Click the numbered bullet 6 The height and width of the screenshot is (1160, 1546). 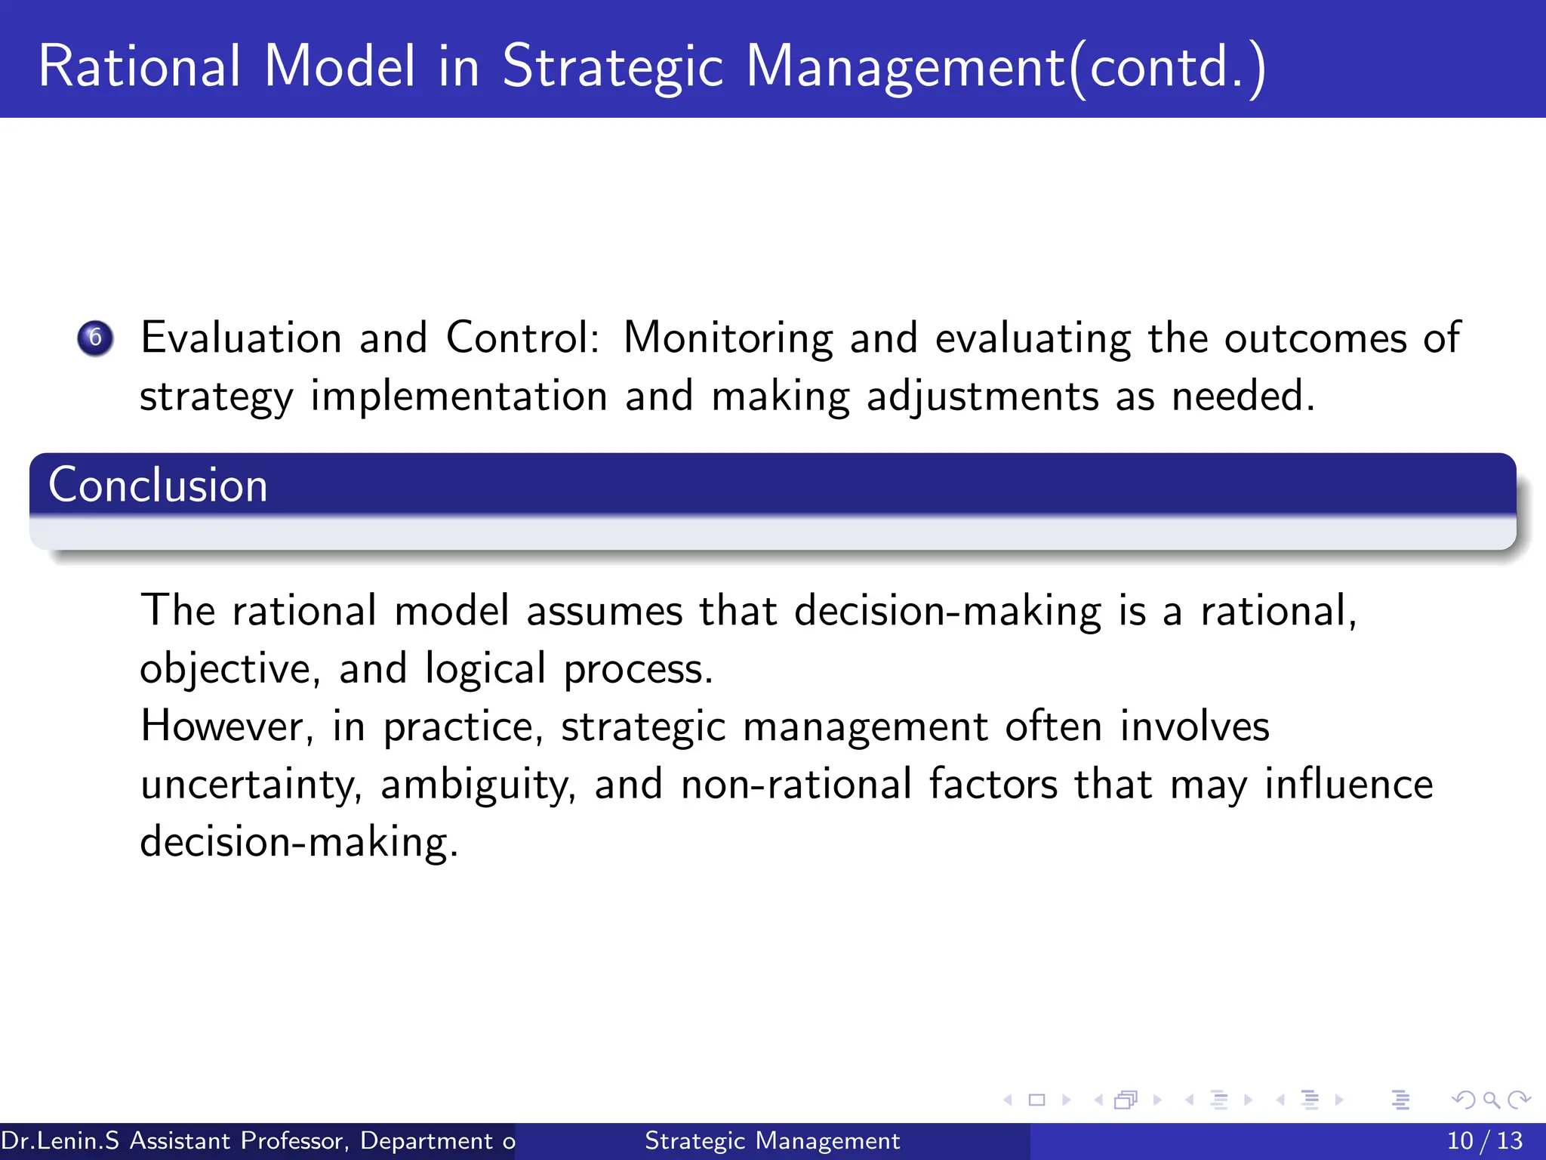pyautogui.click(x=95, y=338)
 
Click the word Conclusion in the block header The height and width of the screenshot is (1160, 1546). pyautogui.click(x=158, y=485)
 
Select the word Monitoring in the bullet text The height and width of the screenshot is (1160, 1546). pyautogui.click(x=727, y=338)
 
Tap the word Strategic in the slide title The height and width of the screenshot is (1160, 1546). pyautogui.click(x=613, y=66)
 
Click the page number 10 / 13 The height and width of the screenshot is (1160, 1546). pyautogui.click(x=1484, y=1140)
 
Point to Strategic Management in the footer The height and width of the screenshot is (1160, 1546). pyautogui.click(x=771, y=1140)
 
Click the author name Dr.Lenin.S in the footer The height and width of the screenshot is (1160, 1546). pyautogui.click(x=60, y=1140)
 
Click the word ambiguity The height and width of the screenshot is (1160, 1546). pyautogui.click(x=478, y=785)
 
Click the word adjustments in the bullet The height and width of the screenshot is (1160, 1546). pyautogui.click(x=982, y=396)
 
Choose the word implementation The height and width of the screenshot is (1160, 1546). pyautogui.click(x=458, y=396)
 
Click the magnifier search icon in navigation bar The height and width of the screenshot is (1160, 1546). pyautogui.click(x=1491, y=1100)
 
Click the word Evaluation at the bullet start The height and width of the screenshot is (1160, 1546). pyautogui.click(x=241, y=338)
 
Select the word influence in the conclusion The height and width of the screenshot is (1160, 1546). pyautogui.click(x=1348, y=785)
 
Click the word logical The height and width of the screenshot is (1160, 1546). pyautogui.click(x=485, y=669)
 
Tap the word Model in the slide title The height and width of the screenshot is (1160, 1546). pyautogui.click(x=340, y=66)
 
